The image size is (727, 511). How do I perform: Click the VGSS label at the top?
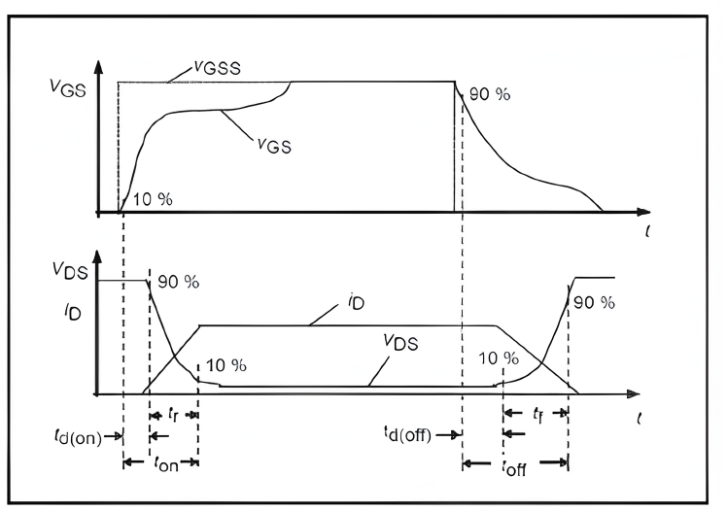coord(218,68)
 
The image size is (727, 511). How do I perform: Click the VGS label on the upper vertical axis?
coord(68,87)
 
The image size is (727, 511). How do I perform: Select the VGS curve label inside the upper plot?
coord(274,146)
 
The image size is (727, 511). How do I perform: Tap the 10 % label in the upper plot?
coord(153,199)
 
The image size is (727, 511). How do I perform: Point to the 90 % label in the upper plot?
coord(490,94)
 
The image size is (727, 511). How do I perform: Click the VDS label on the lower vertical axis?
coord(70,270)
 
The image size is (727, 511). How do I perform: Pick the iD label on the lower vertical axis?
coord(73,312)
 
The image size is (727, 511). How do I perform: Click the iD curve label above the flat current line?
coord(356,302)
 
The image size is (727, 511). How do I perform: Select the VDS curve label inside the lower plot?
coord(400,343)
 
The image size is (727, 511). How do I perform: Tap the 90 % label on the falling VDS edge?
coord(179,282)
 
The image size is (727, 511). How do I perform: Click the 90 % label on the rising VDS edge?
coord(594,302)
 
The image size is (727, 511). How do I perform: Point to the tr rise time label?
coord(173,414)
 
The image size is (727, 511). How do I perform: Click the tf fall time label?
coord(537,414)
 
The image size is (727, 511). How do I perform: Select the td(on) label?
coord(78,436)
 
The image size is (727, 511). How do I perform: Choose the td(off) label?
coord(407,434)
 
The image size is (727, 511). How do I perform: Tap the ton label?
coord(166,463)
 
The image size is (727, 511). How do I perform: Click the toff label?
coord(515,468)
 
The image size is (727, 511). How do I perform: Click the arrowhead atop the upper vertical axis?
coord(98,67)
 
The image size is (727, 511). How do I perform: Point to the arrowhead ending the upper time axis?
coord(643,212)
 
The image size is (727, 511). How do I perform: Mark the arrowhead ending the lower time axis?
coord(634,394)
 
